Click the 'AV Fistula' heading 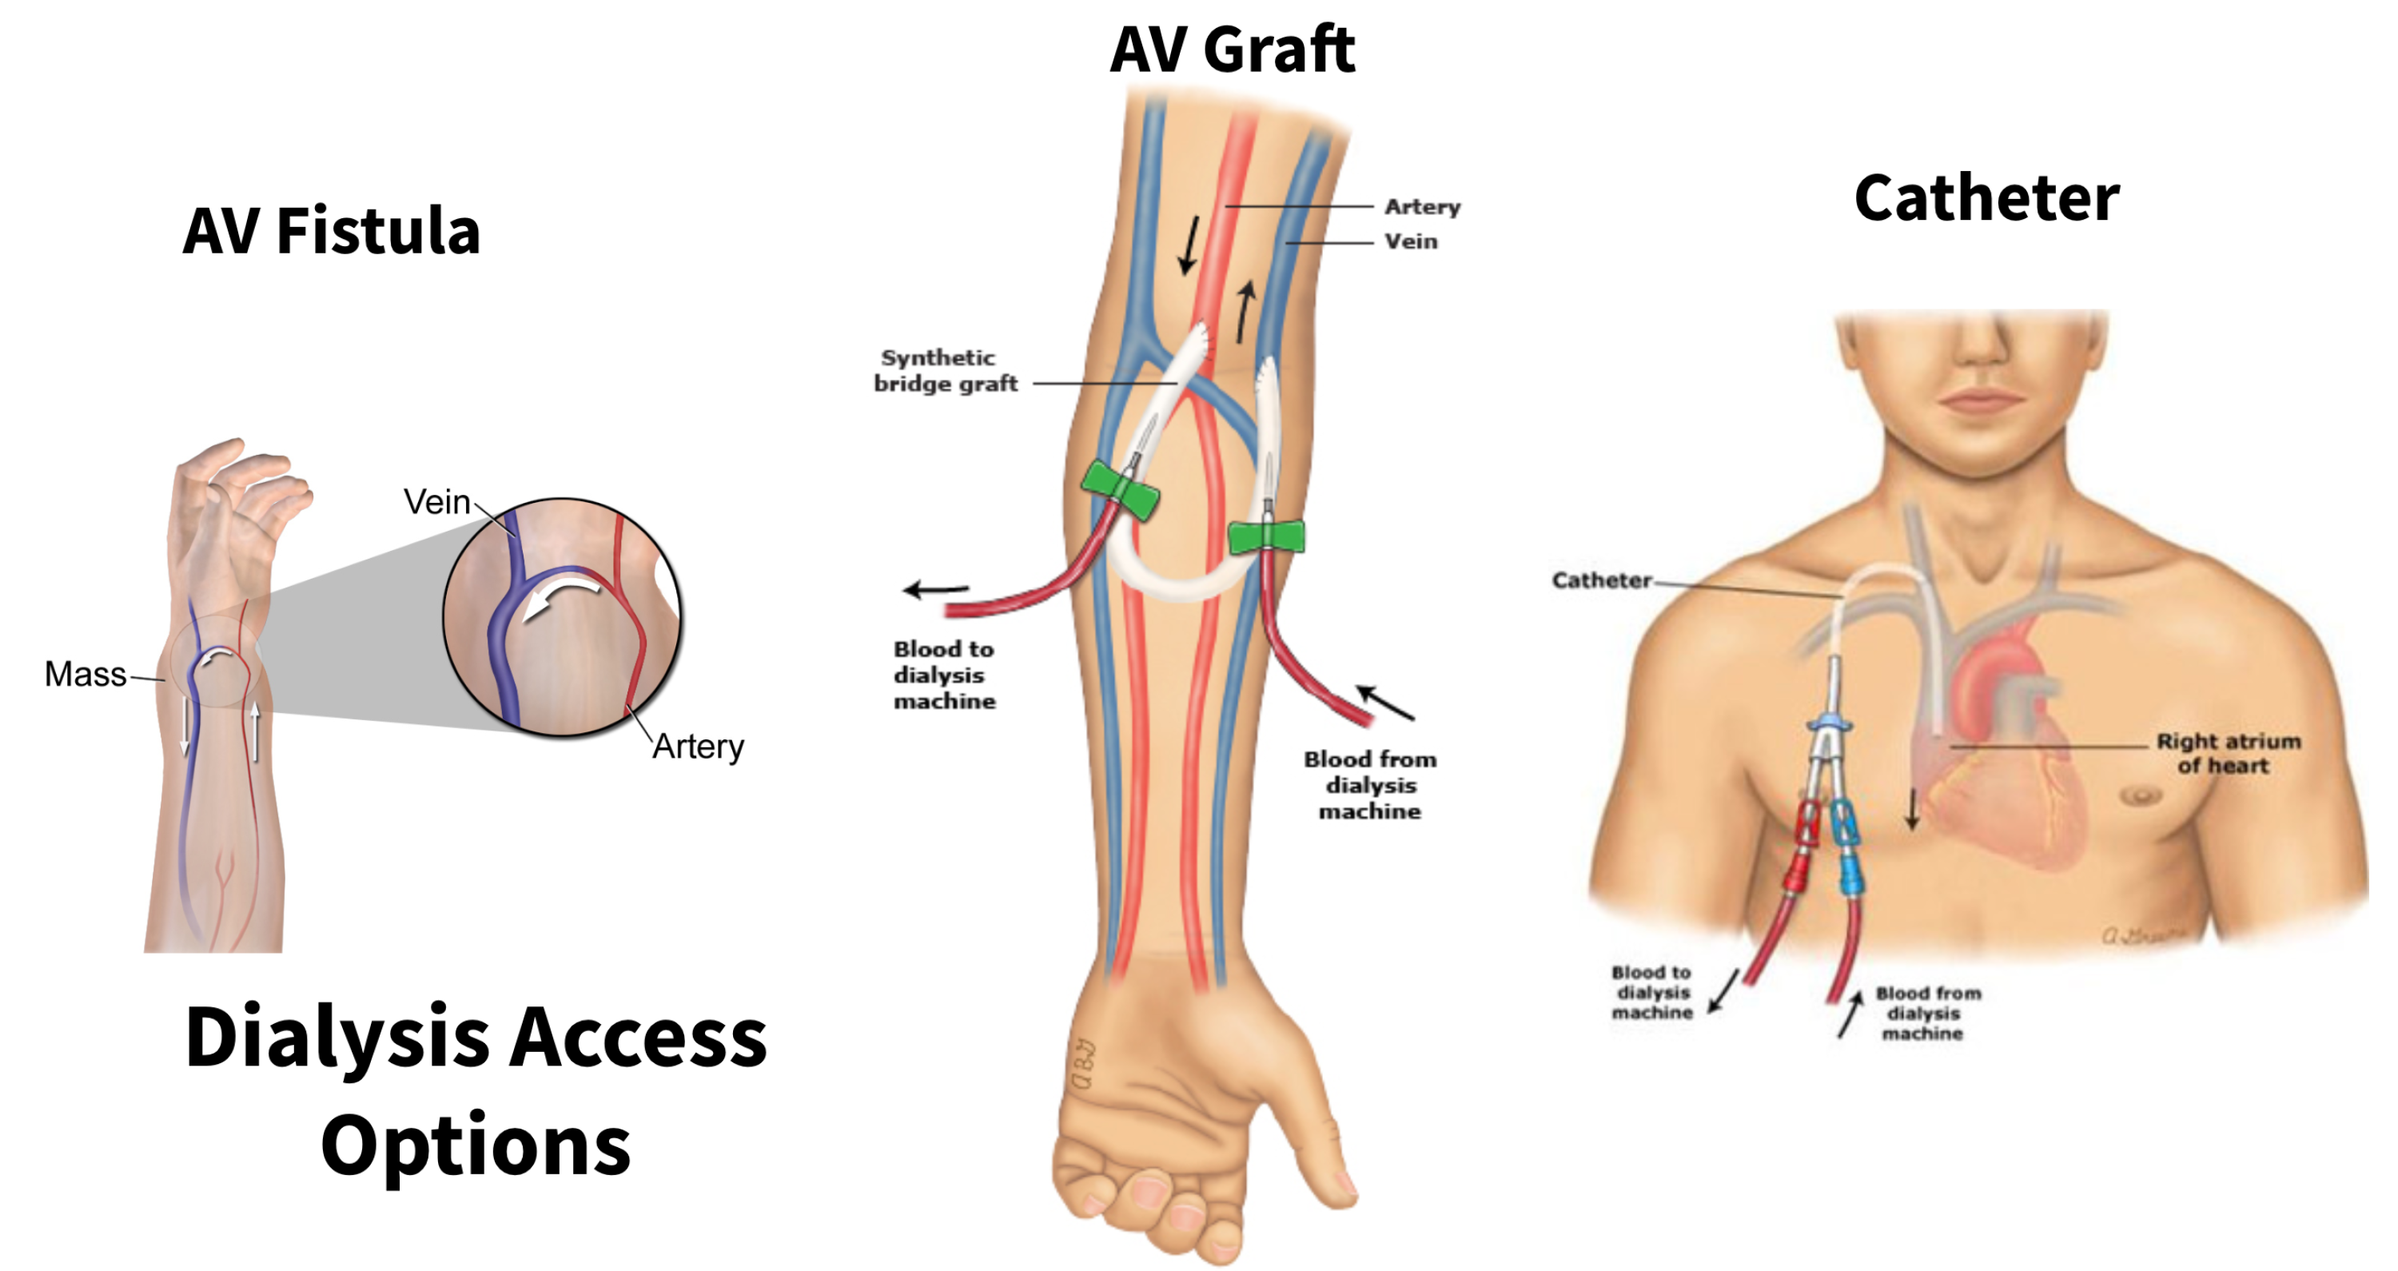[332, 230]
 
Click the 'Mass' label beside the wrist [85, 674]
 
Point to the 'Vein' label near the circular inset [436, 502]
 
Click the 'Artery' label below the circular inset [698, 746]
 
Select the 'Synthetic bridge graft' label [944, 371]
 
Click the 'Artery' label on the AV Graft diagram [1421, 207]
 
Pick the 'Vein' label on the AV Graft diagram [1410, 241]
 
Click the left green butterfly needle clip [1120, 490]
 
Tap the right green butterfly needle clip [1266, 537]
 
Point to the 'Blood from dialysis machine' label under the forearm [1369, 785]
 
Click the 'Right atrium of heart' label [2228, 753]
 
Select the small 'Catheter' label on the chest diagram [1601, 580]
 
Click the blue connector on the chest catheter [1845, 847]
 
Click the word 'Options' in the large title [475, 1145]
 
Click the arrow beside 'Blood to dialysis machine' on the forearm [935, 589]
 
